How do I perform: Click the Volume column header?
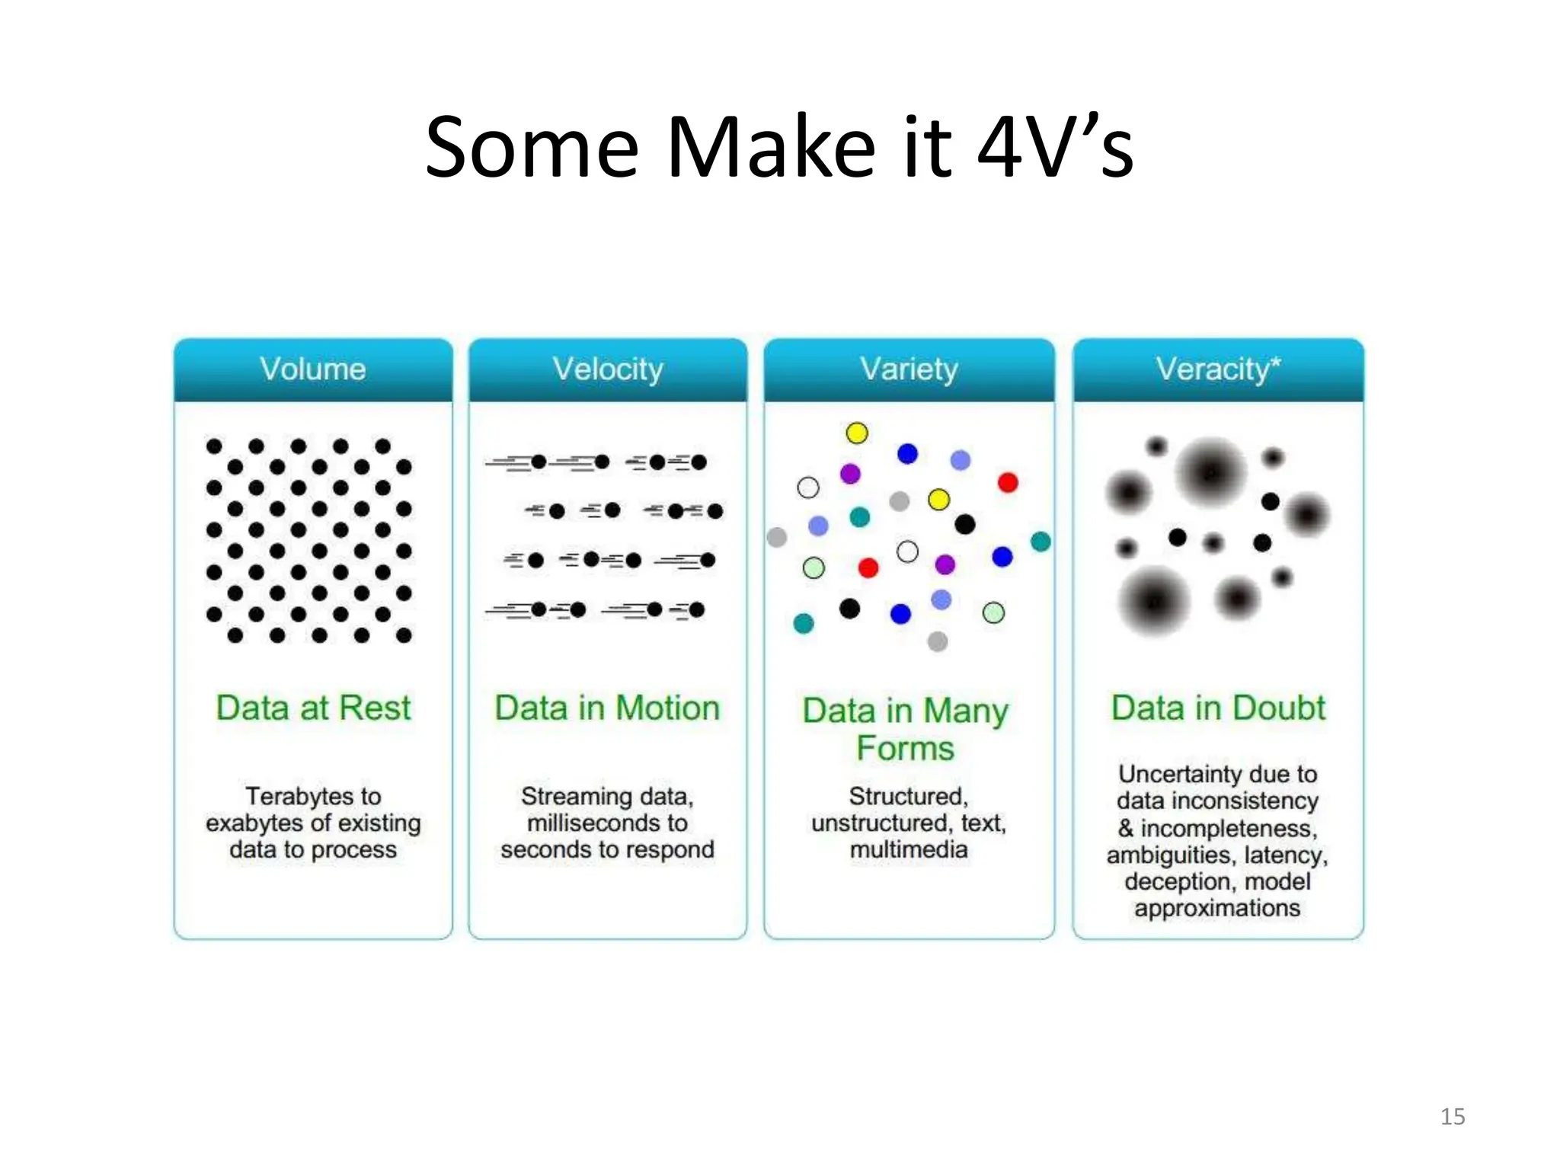click(313, 369)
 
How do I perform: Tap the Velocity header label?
click(608, 369)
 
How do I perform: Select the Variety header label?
click(909, 369)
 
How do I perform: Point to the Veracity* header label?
click(1218, 369)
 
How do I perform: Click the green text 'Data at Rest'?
click(313, 708)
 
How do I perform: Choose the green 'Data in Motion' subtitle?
click(607, 708)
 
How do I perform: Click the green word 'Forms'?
click(905, 748)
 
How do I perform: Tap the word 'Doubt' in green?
click(1279, 708)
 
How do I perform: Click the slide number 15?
click(1453, 1117)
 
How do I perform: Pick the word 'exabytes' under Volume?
click(254, 823)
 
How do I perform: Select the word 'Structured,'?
click(909, 796)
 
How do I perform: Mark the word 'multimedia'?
click(909, 849)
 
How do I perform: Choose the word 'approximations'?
click(1217, 908)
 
